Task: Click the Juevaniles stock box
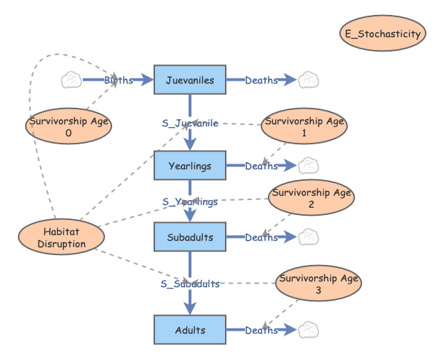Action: point(190,80)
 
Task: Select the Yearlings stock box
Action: point(190,166)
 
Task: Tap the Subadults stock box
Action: point(190,237)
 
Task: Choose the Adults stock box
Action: point(190,330)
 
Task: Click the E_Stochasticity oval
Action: point(383,34)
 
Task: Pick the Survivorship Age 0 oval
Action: point(69,126)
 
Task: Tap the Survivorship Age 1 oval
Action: point(304,126)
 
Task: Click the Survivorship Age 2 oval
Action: point(311,198)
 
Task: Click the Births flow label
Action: point(119,80)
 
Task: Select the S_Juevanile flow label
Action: point(190,123)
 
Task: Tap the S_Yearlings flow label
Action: point(190,201)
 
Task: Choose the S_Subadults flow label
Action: point(190,284)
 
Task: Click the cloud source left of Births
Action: point(72,80)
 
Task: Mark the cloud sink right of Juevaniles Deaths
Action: point(308,80)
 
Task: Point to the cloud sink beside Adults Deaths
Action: point(308,330)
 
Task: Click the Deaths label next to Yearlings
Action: point(261,166)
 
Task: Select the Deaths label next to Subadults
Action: point(261,237)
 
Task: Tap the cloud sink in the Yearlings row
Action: point(308,166)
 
